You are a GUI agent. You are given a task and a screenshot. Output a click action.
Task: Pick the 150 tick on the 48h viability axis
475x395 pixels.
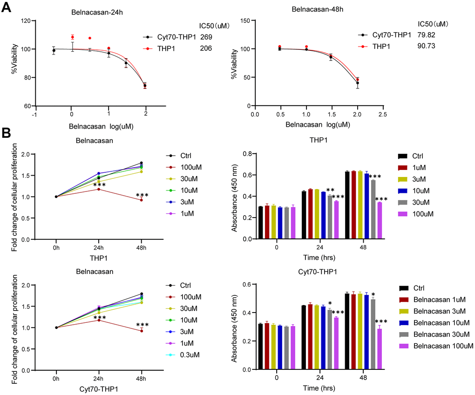click(x=245, y=20)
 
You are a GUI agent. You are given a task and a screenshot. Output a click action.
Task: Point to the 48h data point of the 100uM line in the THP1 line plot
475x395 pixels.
click(x=142, y=200)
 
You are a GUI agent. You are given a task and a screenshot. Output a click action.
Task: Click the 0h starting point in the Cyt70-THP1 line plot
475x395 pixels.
click(x=56, y=327)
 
